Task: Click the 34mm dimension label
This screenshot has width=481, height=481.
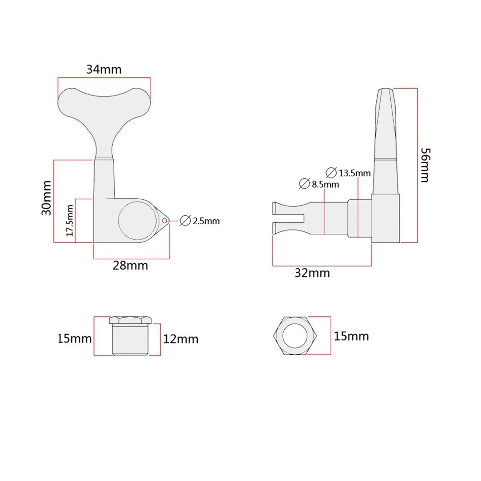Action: pyautogui.click(x=104, y=69)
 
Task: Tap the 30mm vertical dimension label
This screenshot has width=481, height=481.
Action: pyautogui.click(x=47, y=198)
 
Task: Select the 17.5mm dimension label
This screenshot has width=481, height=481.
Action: pyautogui.click(x=70, y=220)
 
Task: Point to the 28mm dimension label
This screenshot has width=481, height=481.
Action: pyautogui.click(x=131, y=265)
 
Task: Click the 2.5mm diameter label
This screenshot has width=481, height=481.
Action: pyautogui.click(x=206, y=221)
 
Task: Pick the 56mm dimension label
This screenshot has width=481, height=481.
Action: pyautogui.click(x=425, y=165)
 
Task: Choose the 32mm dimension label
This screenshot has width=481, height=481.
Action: pyautogui.click(x=313, y=273)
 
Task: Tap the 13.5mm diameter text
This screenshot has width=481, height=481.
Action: pyautogui.click(x=355, y=173)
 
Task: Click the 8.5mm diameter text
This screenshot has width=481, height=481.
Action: pyautogui.click(x=325, y=184)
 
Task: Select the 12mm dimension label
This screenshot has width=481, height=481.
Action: pyautogui.click(x=180, y=339)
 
